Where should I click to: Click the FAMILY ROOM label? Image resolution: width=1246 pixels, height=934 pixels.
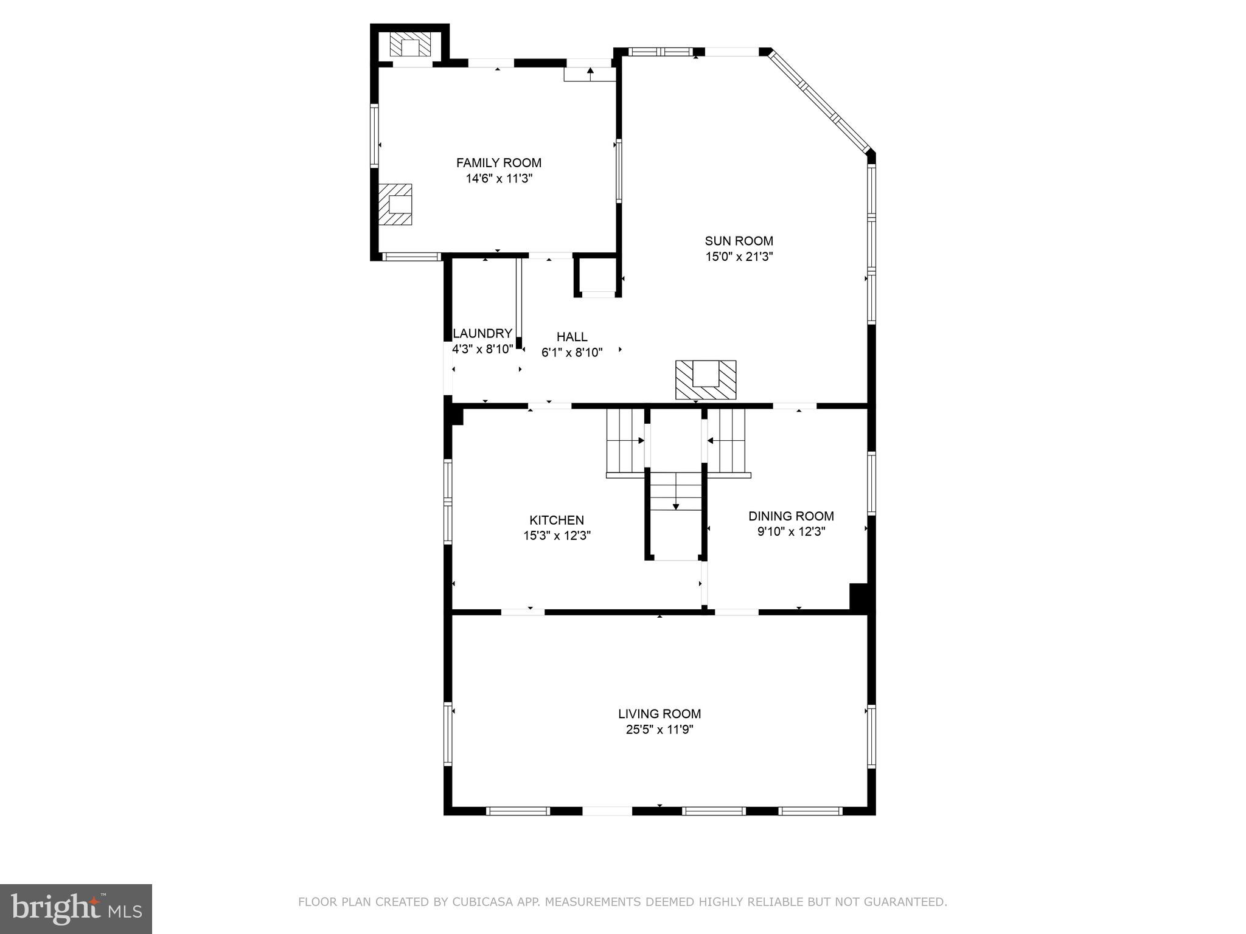click(498, 163)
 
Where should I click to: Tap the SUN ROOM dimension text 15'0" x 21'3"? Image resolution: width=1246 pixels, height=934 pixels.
click(739, 257)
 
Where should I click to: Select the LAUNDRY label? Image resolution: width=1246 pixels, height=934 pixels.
click(482, 333)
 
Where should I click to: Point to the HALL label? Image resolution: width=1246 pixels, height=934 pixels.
click(572, 336)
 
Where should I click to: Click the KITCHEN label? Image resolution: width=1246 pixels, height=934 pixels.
click(556, 520)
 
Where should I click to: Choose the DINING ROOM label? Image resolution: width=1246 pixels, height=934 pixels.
click(790, 516)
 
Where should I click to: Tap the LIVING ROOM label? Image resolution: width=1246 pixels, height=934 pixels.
click(660, 714)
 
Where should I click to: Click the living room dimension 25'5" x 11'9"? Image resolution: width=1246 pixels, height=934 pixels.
click(660, 730)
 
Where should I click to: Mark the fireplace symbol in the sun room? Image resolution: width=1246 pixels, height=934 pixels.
click(706, 380)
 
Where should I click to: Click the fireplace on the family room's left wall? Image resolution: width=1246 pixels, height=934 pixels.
click(395, 205)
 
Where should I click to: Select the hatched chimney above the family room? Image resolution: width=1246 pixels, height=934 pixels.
click(411, 45)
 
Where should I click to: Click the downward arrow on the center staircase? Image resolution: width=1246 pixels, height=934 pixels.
click(675, 506)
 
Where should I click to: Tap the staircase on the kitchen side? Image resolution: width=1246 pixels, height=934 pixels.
click(625, 441)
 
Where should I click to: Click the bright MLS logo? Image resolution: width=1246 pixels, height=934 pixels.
click(75, 908)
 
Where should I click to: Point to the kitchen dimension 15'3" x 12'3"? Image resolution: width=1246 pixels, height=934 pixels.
click(557, 536)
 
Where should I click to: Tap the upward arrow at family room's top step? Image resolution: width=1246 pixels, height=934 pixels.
click(590, 71)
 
